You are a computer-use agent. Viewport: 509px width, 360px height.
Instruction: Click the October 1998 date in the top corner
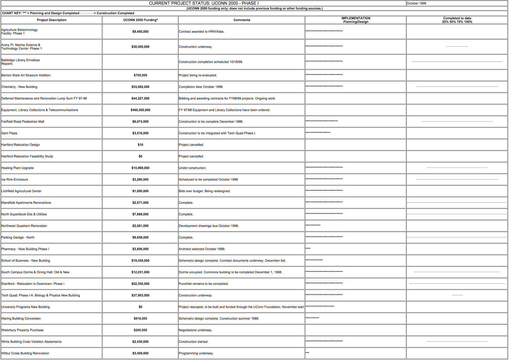pyautogui.click(x=416, y=3)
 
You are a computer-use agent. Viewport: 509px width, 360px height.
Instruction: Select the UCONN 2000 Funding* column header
pyautogui.click(x=140, y=20)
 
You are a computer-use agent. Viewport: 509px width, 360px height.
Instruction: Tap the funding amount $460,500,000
pyautogui.click(x=140, y=110)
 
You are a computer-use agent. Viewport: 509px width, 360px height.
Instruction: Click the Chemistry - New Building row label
pyautogui.click(x=19, y=87)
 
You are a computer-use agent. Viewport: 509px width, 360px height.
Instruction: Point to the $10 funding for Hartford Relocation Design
pyautogui.click(x=140, y=145)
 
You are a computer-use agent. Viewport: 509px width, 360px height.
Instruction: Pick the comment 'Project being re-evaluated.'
pyautogui.click(x=198, y=75)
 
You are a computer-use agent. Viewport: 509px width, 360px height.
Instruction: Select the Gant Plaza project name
pyautogui.click(x=9, y=133)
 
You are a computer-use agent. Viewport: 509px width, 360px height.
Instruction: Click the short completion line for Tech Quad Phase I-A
pyautogui.click(x=457, y=295)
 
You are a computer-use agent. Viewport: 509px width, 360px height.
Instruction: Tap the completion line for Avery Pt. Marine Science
pyautogui.click(x=457, y=46)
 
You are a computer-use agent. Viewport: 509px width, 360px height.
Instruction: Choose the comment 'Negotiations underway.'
pyautogui.click(x=195, y=330)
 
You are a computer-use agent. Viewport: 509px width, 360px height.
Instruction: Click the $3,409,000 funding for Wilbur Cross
pyautogui.click(x=140, y=353)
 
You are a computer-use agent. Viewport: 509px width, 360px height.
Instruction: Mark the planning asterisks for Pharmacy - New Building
pyautogui.click(x=308, y=248)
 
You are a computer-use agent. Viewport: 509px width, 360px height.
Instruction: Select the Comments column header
pyautogui.click(x=242, y=20)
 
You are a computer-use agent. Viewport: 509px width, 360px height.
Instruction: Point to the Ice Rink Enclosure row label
pyautogui.click(x=15, y=179)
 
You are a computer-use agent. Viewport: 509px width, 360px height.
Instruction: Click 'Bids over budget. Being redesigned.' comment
pyautogui.click(x=205, y=191)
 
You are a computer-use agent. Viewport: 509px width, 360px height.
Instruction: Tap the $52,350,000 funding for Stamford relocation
pyautogui.click(x=140, y=284)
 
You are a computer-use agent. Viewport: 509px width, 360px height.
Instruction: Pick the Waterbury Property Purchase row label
pyautogui.click(x=22, y=330)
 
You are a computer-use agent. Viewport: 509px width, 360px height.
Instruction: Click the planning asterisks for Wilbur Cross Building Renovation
pyautogui.click(x=307, y=353)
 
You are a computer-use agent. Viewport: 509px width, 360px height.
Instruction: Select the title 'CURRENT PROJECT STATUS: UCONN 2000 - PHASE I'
pyautogui.click(x=204, y=3)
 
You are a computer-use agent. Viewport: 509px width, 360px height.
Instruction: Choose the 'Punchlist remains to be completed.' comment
pyautogui.click(x=204, y=284)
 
